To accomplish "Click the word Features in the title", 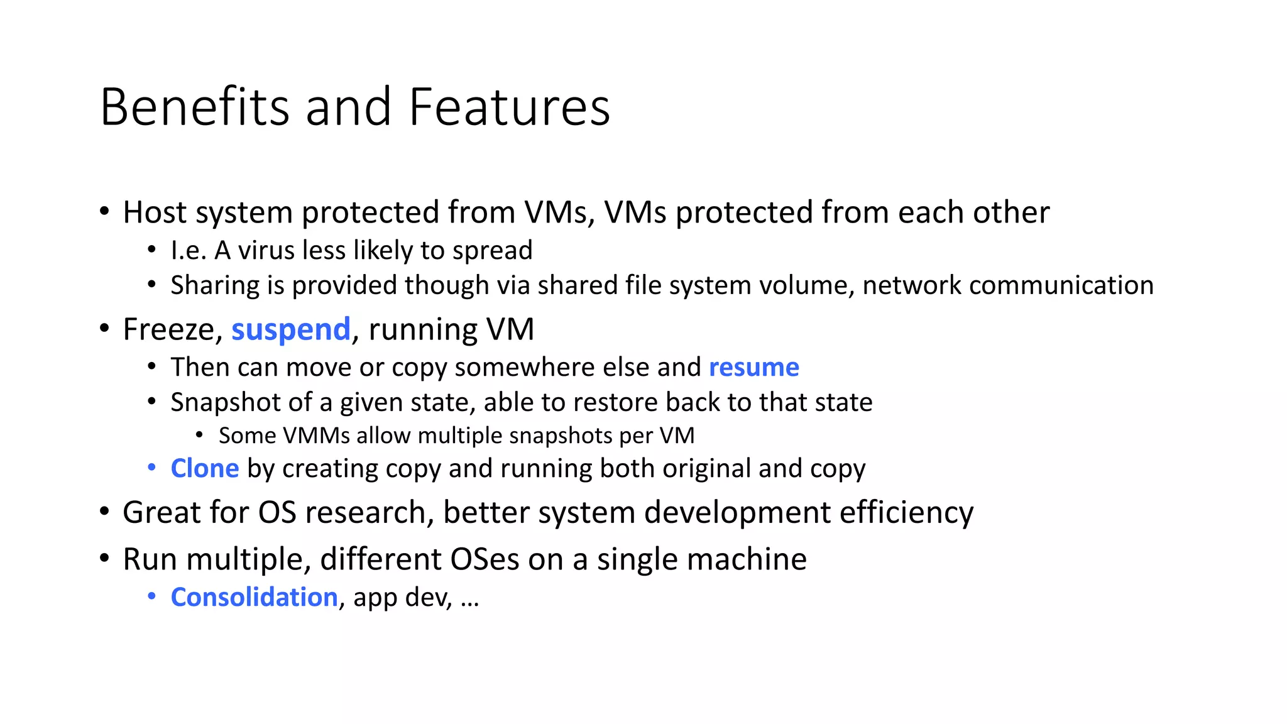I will (x=509, y=107).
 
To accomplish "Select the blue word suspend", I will (x=291, y=330).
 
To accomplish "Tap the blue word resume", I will (x=754, y=367).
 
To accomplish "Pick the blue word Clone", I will (x=205, y=469).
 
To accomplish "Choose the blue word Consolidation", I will (x=255, y=597).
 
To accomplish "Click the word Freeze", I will (x=169, y=330).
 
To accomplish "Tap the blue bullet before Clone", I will (x=151, y=468).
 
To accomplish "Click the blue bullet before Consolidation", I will (x=151, y=596).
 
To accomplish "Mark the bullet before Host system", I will (x=104, y=211).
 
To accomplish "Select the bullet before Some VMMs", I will (x=199, y=434).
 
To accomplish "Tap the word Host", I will (x=154, y=212).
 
